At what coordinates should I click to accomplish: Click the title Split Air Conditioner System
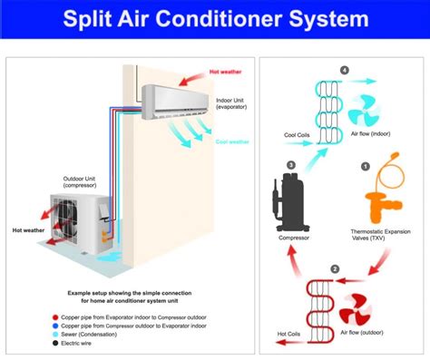tap(215, 17)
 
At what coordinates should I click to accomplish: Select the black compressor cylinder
tap(290, 200)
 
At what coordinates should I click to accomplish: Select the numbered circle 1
tap(365, 167)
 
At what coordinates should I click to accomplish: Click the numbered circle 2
tap(335, 269)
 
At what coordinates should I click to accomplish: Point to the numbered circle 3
tap(290, 165)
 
